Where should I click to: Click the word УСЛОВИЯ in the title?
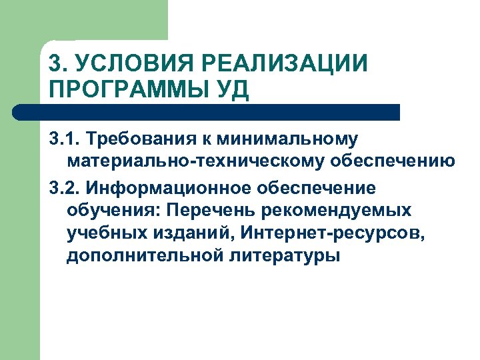[117, 65]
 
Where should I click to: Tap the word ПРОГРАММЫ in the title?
[123, 89]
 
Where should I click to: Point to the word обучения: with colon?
[114, 211]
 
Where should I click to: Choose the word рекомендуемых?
[340, 211]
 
